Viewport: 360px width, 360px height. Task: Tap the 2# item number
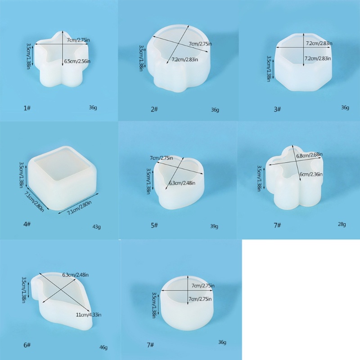pos(154,109)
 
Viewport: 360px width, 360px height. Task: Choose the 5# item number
pos(154,225)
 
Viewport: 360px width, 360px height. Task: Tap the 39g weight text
pos(215,226)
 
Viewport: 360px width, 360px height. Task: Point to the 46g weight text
pos(103,347)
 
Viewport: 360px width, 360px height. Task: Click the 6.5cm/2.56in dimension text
pos(77,61)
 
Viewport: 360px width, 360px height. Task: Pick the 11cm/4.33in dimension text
pos(88,315)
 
